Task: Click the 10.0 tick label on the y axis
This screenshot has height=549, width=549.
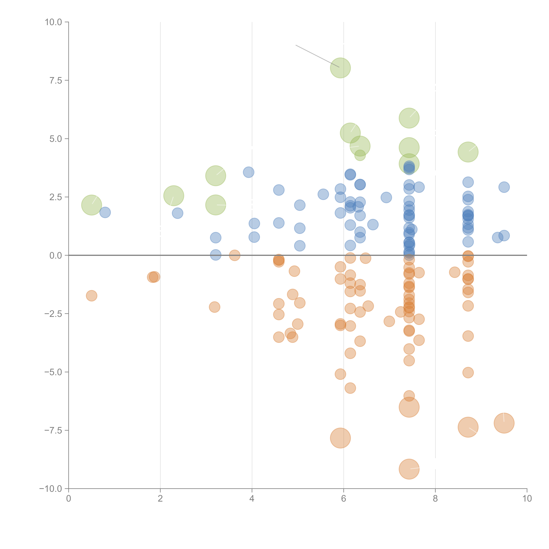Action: (x=53, y=22)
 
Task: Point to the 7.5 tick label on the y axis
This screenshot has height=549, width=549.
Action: (x=56, y=80)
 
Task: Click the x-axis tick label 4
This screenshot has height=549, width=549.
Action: (x=252, y=499)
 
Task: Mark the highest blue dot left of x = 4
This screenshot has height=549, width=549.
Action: (x=248, y=172)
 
